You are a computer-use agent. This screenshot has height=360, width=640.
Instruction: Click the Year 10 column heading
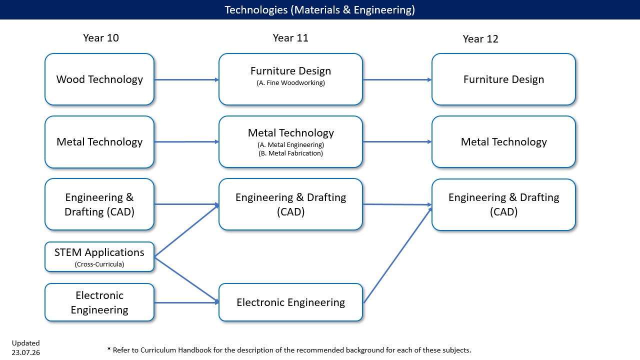(101, 38)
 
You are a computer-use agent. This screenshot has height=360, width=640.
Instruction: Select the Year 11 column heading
(290, 38)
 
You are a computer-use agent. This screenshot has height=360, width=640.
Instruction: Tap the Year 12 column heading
(480, 39)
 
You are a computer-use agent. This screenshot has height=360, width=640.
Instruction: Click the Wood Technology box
(99, 79)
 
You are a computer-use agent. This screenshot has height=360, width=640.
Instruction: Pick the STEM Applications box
(99, 257)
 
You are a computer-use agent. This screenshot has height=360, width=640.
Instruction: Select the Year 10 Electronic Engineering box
(99, 302)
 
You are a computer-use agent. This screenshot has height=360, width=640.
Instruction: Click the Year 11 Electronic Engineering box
(290, 302)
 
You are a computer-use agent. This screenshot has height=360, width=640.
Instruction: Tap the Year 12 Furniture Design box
(503, 79)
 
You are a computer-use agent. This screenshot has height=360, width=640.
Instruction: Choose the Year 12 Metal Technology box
(503, 141)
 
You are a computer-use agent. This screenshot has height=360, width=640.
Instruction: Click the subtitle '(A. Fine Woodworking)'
(290, 83)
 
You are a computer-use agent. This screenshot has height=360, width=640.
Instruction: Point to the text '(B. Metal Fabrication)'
(290, 153)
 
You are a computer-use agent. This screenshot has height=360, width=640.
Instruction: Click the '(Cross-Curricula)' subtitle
(99, 264)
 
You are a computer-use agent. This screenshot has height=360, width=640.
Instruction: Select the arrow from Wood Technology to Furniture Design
(186, 79)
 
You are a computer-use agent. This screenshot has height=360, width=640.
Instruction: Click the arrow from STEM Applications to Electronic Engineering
(186, 280)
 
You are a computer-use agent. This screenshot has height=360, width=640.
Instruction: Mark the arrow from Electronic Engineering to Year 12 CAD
(397, 255)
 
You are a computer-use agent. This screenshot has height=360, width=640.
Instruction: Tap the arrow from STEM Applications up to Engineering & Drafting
(186, 231)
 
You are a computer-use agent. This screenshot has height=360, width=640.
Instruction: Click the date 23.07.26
(25, 352)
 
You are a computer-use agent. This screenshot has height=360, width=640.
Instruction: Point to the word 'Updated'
(25, 343)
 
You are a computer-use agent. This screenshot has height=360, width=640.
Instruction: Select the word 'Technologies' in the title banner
(256, 10)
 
